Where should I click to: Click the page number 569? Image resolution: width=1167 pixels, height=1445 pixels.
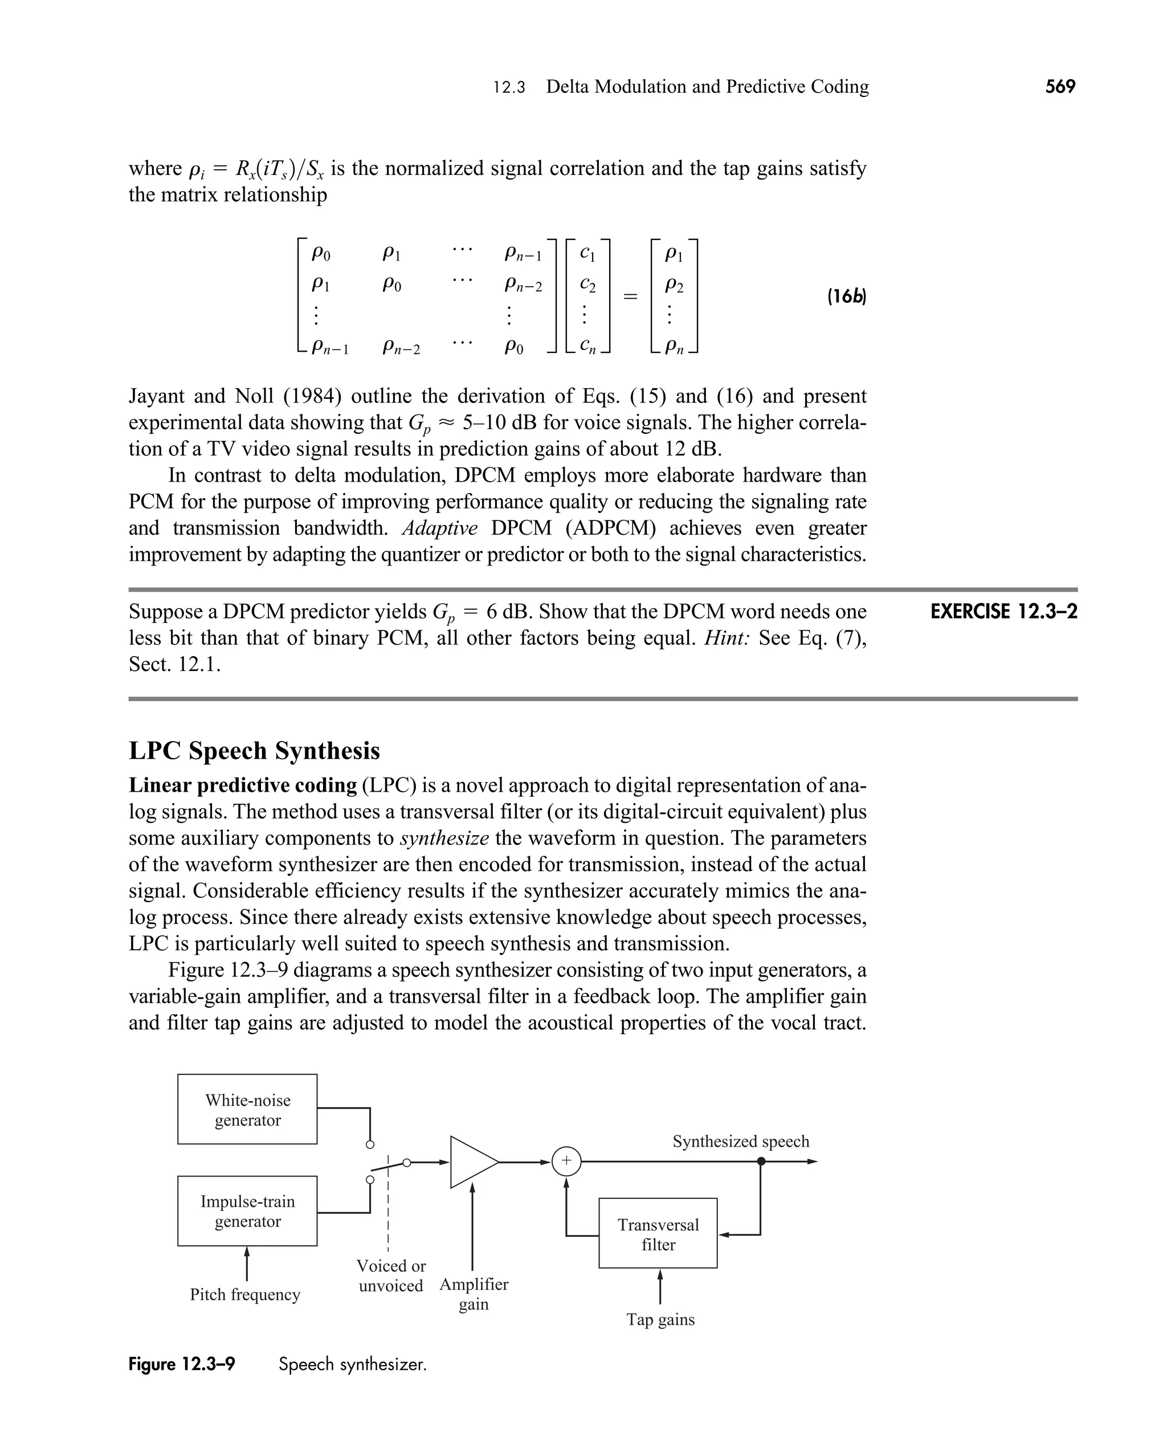tap(1060, 87)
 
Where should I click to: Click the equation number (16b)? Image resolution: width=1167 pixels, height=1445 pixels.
tap(846, 296)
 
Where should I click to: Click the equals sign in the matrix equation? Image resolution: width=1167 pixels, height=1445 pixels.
tap(630, 296)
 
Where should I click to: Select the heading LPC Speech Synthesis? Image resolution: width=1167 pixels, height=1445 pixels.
tap(254, 750)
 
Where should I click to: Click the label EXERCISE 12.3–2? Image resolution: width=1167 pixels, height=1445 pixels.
tap(1003, 612)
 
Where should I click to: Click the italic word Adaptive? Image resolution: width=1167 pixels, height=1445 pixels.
tap(440, 528)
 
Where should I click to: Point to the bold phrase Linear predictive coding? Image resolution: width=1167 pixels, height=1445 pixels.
tap(243, 785)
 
